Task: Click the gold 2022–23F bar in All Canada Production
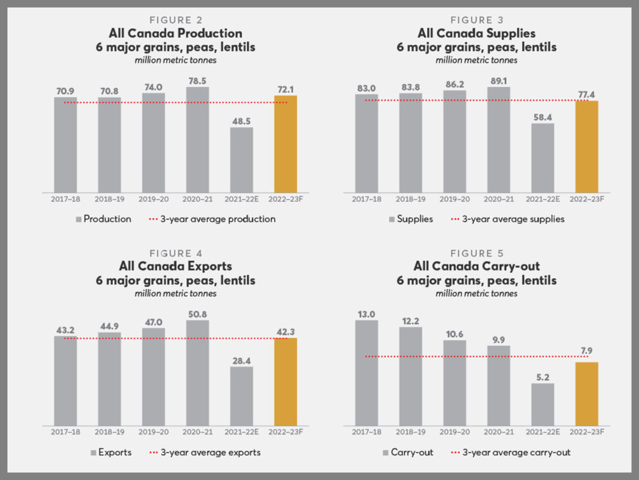click(285, 144)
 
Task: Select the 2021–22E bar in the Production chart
click(241, 160)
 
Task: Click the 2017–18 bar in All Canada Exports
click(66, 381)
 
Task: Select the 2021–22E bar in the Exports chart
click(241, 396)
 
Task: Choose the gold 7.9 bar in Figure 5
click(587, 393)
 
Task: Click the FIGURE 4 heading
click(175, 254)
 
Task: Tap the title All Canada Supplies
click(476, 33)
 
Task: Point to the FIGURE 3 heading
click(476, 20)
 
